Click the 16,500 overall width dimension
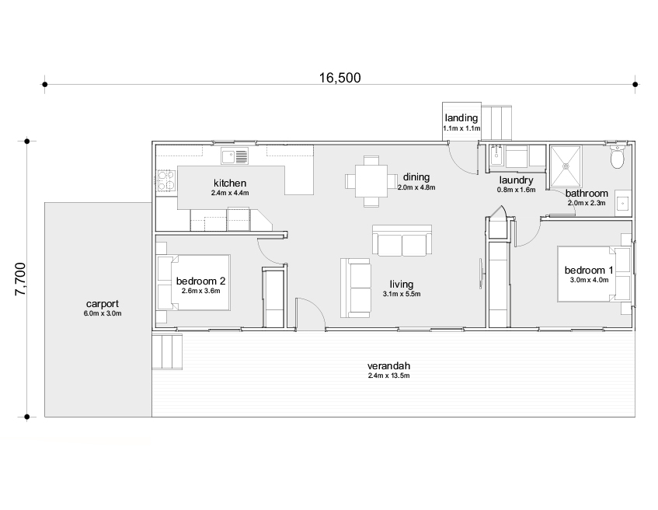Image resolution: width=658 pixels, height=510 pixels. click(340, 78)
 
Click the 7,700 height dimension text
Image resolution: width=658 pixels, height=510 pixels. click(20, 279)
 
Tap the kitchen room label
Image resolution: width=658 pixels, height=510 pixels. click(230, 183)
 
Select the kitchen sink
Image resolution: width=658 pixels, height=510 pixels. click(235, 155)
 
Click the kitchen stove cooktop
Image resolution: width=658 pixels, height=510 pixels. click(166, 180)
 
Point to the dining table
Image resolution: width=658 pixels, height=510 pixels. click(371, 181)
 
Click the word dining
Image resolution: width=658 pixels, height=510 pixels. click(416, 177)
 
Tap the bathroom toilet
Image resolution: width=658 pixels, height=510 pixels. click(618, 156)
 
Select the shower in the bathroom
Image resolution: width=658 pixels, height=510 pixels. click(566, 166)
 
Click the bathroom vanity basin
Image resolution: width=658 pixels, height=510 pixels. click(623, 204)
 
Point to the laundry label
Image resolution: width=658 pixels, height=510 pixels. click(516, 180)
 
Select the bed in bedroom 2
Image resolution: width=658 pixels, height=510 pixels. click(194, 282)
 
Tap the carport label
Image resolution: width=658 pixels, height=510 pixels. click(103, 304)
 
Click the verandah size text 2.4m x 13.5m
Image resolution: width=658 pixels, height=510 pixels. click(388, 376)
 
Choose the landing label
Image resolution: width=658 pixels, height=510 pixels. click(461, 118)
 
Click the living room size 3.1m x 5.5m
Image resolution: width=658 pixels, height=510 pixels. click(402, 294)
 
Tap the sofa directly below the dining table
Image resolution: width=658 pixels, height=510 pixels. click(402, 240)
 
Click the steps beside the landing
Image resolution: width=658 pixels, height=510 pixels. click(496, 123)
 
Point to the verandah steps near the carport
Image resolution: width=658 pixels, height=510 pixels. click(167, 351)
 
